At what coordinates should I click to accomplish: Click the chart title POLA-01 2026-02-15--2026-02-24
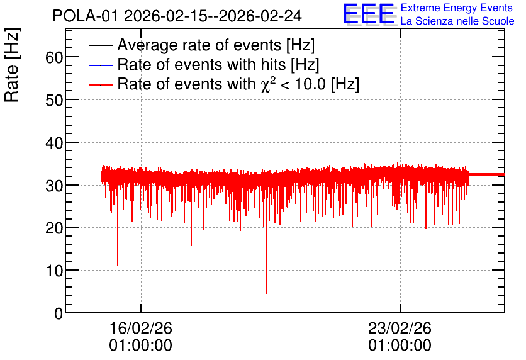(177, 16)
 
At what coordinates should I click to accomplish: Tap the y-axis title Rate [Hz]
(12, 65)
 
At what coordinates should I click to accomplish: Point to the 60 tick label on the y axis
(54, 58)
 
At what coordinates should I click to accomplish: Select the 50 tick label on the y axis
(54, 100)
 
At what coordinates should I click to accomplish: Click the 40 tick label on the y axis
(54, 143)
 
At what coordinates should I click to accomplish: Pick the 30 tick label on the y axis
(54, 186)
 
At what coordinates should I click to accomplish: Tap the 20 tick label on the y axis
(54, 228)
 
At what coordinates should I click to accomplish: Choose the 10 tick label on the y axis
(54, 271)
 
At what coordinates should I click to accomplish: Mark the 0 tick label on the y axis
(59, 313)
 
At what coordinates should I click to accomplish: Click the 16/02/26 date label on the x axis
(141, 328)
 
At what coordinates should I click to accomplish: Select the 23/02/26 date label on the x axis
(400, 328)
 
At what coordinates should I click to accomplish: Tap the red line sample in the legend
(101, 85)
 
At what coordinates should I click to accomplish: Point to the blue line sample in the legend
(101, 65)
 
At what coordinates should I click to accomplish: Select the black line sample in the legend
(101, 45)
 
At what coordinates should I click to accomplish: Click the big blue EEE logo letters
(369, 14)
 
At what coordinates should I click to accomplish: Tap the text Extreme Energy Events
(457, 8)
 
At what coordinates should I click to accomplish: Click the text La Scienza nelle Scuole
(457, 21)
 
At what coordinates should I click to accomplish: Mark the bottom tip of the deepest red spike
(267, 293)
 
